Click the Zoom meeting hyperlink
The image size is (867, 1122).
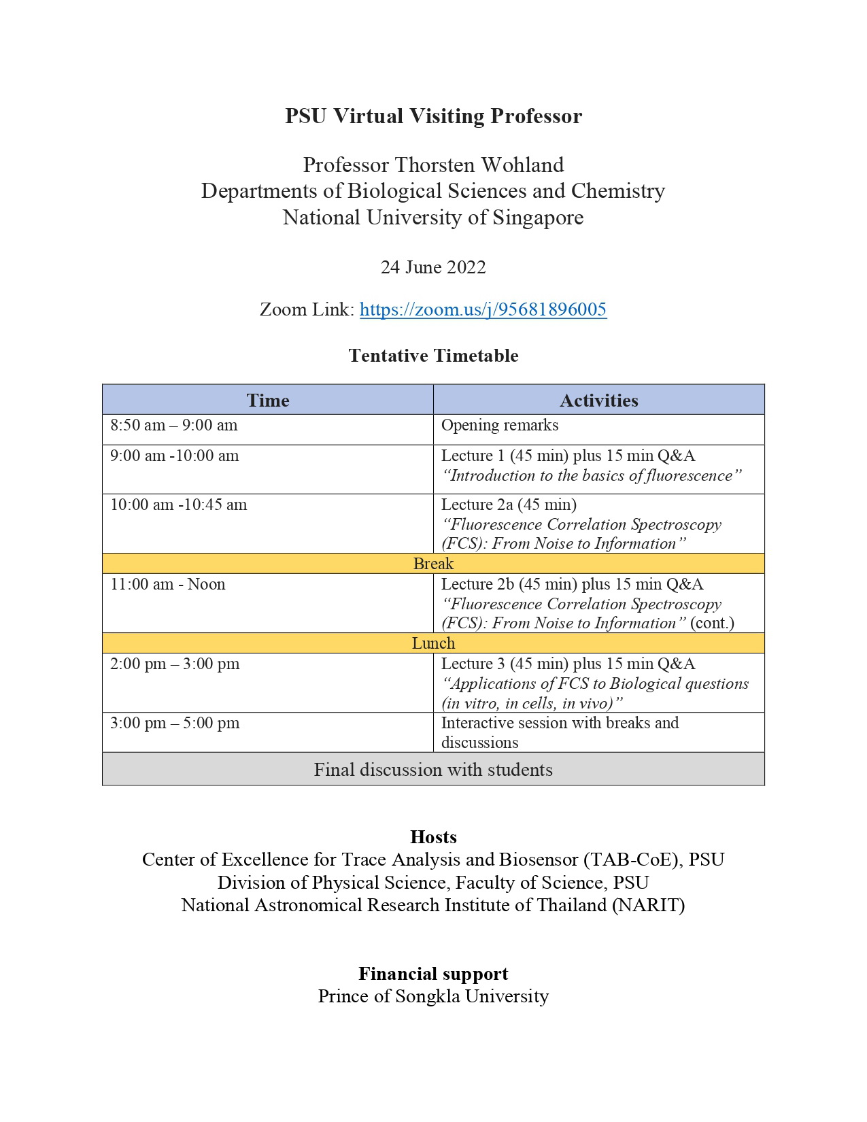[x=483, y=309]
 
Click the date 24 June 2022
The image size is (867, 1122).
[x=433, y=267]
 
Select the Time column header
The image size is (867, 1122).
[x=268, y=400]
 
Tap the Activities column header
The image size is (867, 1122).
[x=598, y=400]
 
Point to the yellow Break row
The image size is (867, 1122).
[x=433, y=564]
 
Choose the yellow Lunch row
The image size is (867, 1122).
[x=433, y=643]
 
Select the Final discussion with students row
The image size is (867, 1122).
[x=433, y=770]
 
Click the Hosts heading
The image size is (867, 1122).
[x=433, y=837]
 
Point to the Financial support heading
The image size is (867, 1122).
[x=433, y=974]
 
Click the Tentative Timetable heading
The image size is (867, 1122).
[x=433, y=356]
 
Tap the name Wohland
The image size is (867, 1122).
[x=522, y=165]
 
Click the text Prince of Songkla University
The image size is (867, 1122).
[x=433, y=997]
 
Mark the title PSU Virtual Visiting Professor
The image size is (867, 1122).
[x=433, y=116]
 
